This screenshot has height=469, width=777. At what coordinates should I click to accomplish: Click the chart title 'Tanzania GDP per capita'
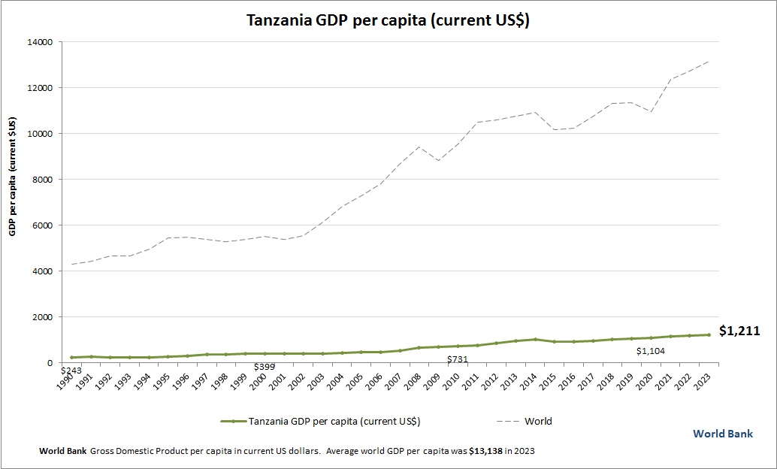(388, 20)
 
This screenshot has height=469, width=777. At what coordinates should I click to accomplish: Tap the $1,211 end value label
(740, 330)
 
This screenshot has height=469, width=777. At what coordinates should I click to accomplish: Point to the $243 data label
(71, 370)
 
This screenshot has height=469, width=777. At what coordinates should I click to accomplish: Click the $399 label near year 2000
(264, 367)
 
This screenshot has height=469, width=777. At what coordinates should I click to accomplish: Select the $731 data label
(457, 359)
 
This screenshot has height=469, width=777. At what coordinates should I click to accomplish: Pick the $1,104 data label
(651, 350)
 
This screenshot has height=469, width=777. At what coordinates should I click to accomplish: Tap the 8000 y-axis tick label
(42, 180)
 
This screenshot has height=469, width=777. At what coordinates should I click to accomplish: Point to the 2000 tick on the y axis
(42, 317)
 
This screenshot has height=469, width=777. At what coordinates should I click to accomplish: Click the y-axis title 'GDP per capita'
(13, 177)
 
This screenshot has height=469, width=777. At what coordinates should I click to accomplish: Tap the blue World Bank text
(722, 434)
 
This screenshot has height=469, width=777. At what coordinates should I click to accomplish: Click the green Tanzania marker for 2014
(535, 339)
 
